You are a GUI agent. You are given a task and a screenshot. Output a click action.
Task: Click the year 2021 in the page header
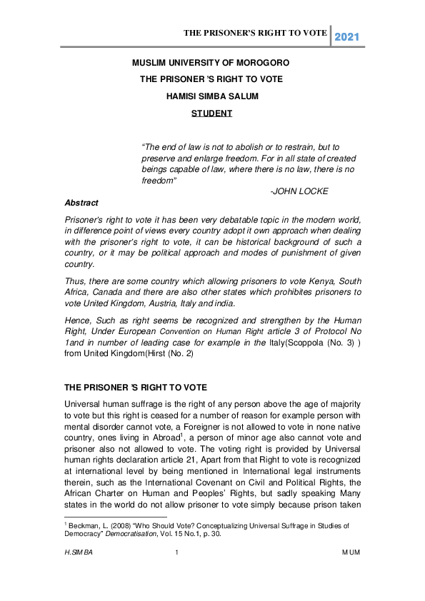tap(346, 36)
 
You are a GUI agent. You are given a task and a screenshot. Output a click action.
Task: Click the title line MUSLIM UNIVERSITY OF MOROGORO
tap(211, 63)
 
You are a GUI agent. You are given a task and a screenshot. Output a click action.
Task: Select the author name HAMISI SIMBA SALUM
tap(211, 96)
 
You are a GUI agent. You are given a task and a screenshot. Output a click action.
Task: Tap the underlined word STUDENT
tap(211, 113)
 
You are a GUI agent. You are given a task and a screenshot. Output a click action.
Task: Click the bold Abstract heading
tap(81, 203)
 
